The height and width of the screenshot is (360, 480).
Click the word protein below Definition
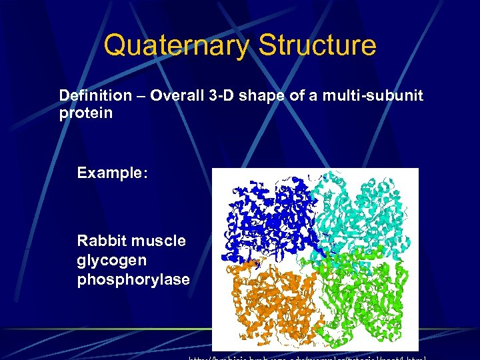(86, 113)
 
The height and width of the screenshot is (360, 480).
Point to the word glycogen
(110, 260)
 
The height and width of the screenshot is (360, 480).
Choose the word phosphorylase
(133, 279)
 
